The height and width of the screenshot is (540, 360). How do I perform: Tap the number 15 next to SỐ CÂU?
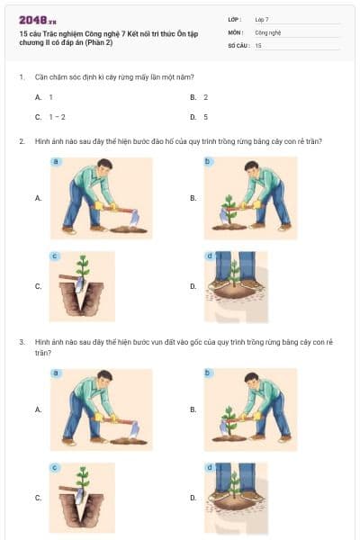(258, 44)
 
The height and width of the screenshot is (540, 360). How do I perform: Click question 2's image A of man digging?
(101, 197)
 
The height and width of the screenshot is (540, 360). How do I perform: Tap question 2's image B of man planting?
(249, 197)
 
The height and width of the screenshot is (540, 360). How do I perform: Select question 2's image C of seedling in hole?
(82, 286)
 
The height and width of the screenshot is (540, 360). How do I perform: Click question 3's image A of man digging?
(101, 409)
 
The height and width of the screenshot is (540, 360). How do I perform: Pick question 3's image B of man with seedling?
(249, 409)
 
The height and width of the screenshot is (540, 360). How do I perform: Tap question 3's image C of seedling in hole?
(82, 498)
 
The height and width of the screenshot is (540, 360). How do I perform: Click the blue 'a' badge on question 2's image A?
(56, 161)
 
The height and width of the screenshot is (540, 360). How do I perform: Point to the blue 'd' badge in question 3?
(210, 468)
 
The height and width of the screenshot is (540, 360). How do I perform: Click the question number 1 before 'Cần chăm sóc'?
(21, 77)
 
